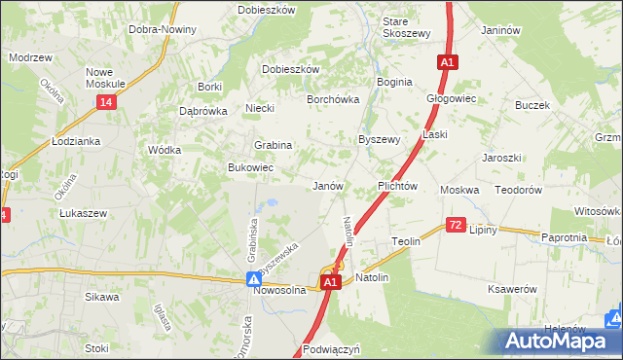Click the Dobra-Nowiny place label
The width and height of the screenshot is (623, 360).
pos(163,29)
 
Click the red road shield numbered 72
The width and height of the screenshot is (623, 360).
pos(456,225)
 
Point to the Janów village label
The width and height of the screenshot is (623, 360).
pos(327,185)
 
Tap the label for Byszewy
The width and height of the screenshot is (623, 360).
pos(380,139)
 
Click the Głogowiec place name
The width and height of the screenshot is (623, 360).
pos(451,98)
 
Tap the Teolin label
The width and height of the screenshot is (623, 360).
pos(405,240)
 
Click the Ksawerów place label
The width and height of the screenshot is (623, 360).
pos(511,289)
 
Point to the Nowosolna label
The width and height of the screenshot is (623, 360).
pos(280,289)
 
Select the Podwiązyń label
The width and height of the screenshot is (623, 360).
pos(332,348)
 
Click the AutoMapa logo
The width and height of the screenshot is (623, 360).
pos(563,342)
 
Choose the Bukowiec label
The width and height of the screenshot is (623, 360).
pos(250,168)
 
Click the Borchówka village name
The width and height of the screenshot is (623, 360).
pos(334,99)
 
